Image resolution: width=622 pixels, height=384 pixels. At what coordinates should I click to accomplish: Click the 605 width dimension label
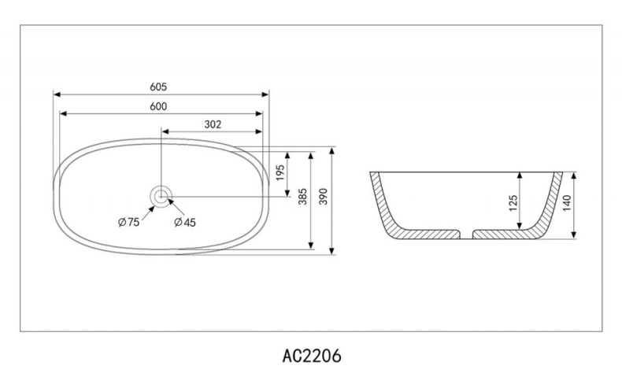[x=160, y=87]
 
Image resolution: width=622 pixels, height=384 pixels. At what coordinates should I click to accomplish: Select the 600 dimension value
[x=160, y=106]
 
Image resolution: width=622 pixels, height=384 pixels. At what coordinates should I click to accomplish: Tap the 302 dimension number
[x=213, y=124]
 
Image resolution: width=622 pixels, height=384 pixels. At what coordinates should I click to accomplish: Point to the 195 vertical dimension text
[x=280, y=173]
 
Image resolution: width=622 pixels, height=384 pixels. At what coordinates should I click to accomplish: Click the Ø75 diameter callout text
[x=128, y=222]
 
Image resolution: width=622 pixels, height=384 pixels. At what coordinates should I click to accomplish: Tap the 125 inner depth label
[x=513, y=203]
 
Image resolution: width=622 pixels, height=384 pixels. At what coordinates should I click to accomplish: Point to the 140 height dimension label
[x=567, y=204]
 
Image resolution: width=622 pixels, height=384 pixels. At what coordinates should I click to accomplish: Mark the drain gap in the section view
[x=465, y=234]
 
